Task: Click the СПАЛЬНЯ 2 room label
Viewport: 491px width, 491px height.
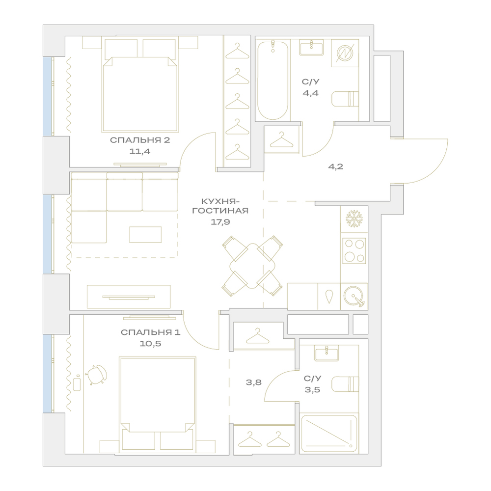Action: (x=140, y=140)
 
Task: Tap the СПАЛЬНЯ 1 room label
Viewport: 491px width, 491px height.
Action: (x=151, y=332)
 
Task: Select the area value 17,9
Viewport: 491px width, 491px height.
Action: (x=220, y=222)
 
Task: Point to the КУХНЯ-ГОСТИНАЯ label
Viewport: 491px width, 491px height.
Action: (x=220, y=206)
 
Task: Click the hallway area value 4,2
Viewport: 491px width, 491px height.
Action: (x=336, y=166)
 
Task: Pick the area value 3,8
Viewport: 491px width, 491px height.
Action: (x=254, y=382)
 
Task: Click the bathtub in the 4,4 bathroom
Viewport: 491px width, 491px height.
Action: (x=273, y=80)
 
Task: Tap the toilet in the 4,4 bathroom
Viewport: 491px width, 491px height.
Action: (x=345, y=99)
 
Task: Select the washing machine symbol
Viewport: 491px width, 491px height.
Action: (x=345, y=53)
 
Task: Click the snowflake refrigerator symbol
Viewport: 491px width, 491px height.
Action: (x=354, y=218)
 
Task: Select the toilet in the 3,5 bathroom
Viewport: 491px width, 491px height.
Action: (x=345, y=384)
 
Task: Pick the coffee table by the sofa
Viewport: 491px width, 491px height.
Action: (x=146, y=235)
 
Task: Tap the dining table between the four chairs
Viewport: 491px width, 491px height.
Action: (x=252, y=266)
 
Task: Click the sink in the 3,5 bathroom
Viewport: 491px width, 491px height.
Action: (x=327, y=353)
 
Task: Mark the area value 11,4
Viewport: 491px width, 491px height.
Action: (x=139, y=152)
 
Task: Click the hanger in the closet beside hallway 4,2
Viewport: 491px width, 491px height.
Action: (x=281, y=140)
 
